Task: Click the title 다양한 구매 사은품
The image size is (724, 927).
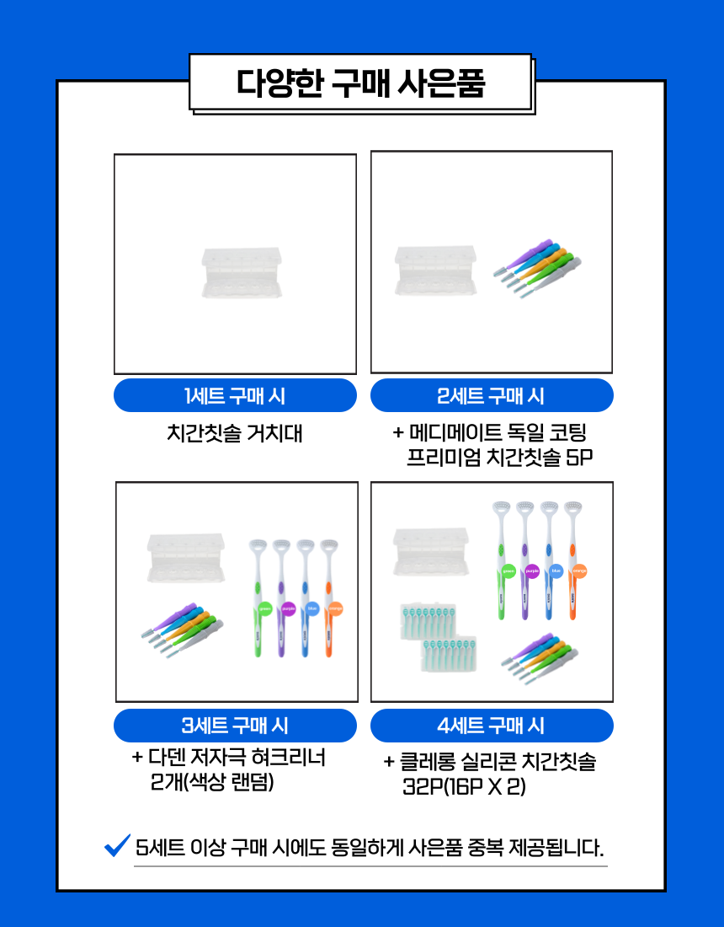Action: click(x=361, y=83)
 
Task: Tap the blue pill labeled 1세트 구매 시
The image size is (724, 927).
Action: click(x=235, y=395)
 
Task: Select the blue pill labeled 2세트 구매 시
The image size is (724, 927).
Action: click(x=492, y=395)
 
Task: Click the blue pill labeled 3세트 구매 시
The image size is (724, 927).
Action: click(x=235, y=725)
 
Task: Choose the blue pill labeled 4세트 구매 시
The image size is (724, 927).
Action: click(x=492, y=725)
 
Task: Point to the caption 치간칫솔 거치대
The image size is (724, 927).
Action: click(x=235, y=434)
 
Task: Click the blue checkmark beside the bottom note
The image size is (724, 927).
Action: click(x=116, y=844)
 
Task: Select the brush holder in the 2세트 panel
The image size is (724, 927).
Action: click(x=434, y=270)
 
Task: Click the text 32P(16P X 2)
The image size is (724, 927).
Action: click(x=465, y=786)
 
